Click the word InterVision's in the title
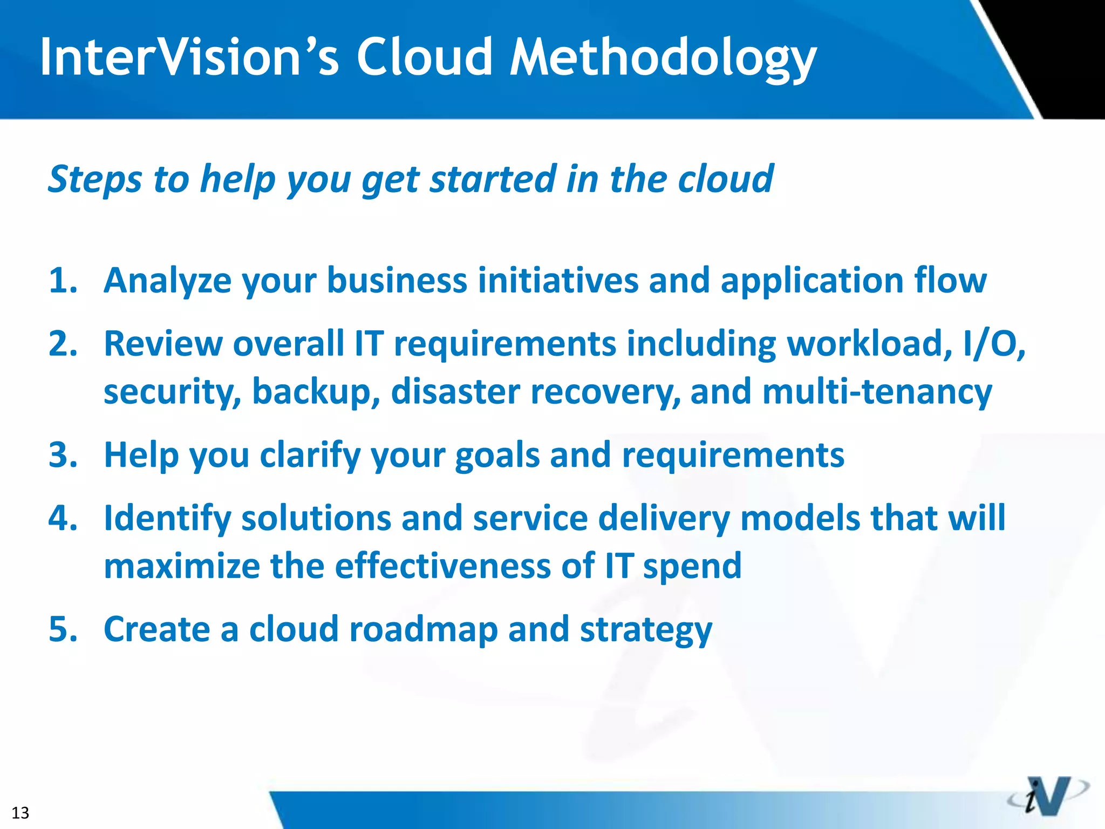pos(189,57)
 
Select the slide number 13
pos(20,812)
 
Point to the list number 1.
pos(62,281)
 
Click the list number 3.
pos(62,455)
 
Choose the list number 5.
pos(62,629)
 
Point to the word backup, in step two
pos(316,392)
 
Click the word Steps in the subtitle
pos(95,180)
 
